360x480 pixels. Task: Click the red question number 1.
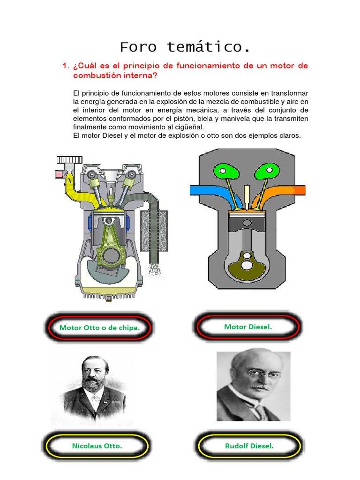[x=65, y=66]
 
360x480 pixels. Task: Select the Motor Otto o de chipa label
[x=99, y=328]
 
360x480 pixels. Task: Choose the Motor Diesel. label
[x=247, y=327]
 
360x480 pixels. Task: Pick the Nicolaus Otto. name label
[x=97, y=446]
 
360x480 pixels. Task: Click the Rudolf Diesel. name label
[x=249, y=446]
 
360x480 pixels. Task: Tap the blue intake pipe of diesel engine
[x=206, y=190]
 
